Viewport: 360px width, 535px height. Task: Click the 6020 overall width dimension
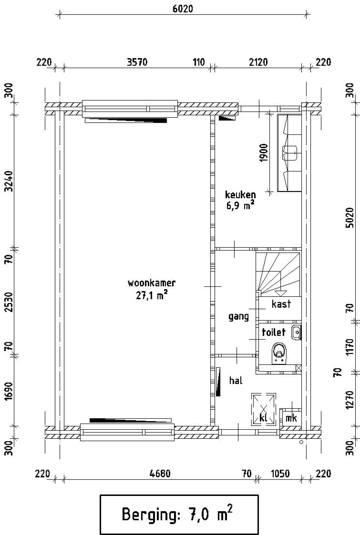tap(183, 9)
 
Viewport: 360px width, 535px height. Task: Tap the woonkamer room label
tap(152, 283)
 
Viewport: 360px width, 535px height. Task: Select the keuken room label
tap(240, 195)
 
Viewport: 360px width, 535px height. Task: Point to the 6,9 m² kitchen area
tap(240, 206)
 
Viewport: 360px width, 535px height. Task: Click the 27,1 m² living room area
tap(152, 295)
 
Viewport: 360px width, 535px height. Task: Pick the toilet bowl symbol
tap(279, 353)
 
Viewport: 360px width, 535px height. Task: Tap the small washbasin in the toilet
tap(296, 332)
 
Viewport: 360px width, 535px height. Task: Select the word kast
tap(281, 304)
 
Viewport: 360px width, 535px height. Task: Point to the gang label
tap(238, 317)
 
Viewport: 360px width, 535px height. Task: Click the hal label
tap(236, 381)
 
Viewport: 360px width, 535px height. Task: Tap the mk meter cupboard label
tap(291, 418)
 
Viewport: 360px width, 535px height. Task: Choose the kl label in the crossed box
tap(264, 418)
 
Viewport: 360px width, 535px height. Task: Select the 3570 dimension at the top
tap(137, 62)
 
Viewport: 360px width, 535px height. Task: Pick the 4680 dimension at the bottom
tap(160, 474)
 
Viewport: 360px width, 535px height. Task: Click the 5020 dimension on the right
tap(350, 218)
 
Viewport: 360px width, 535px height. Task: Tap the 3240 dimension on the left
tap(9, 181)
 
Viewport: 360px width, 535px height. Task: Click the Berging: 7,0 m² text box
tap(179, 514)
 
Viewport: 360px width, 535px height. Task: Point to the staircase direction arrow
tap(280, 293)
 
